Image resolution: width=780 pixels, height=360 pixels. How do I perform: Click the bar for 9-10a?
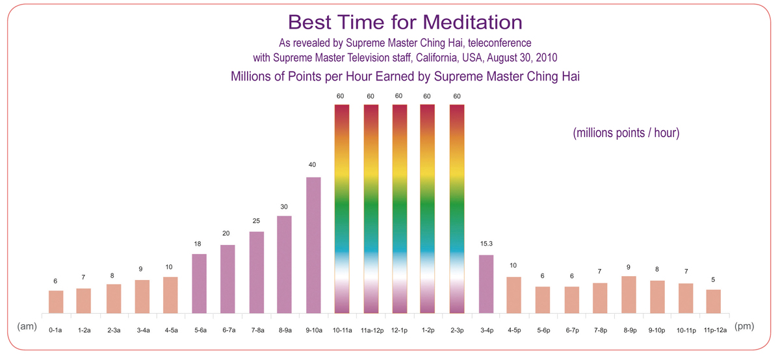[x=313, y=245]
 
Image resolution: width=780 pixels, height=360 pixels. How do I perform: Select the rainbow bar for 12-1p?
[x=399, y=209]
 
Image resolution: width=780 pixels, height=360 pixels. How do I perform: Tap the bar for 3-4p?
[x=486, y=284]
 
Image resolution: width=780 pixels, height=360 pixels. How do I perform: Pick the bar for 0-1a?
[x=56, y=302]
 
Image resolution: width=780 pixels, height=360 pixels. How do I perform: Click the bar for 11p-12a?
[x=714, y=302]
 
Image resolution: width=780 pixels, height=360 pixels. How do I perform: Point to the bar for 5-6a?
[x=199, y=283]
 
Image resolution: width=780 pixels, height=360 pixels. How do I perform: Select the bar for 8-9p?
[x=629, y=294]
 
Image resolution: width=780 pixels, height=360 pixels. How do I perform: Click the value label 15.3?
[x=486, y=244]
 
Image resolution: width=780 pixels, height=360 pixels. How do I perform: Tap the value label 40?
[x=312, y=164]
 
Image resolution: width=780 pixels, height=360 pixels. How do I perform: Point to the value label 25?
[x=256, y=221]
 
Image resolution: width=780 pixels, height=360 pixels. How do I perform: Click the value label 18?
[x=198, y=244]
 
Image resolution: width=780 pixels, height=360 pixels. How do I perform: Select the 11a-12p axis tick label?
[x=372, y=330]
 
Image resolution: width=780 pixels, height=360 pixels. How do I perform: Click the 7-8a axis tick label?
[x=257, y=330]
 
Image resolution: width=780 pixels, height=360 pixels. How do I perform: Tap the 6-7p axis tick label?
[x=572, y=330]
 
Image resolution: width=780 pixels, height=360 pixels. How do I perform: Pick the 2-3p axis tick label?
[x=457, y=330]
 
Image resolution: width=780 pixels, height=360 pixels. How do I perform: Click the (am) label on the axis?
[x=27, y=326]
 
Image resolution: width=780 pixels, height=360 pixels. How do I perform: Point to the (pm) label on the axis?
[x=744, y=326]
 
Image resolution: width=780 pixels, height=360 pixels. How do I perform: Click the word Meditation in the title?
[x=473, y=22]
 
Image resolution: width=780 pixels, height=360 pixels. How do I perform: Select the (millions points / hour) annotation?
[x=626, y=133]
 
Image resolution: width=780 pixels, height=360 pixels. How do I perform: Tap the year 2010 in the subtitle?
[x=547, y=57]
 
